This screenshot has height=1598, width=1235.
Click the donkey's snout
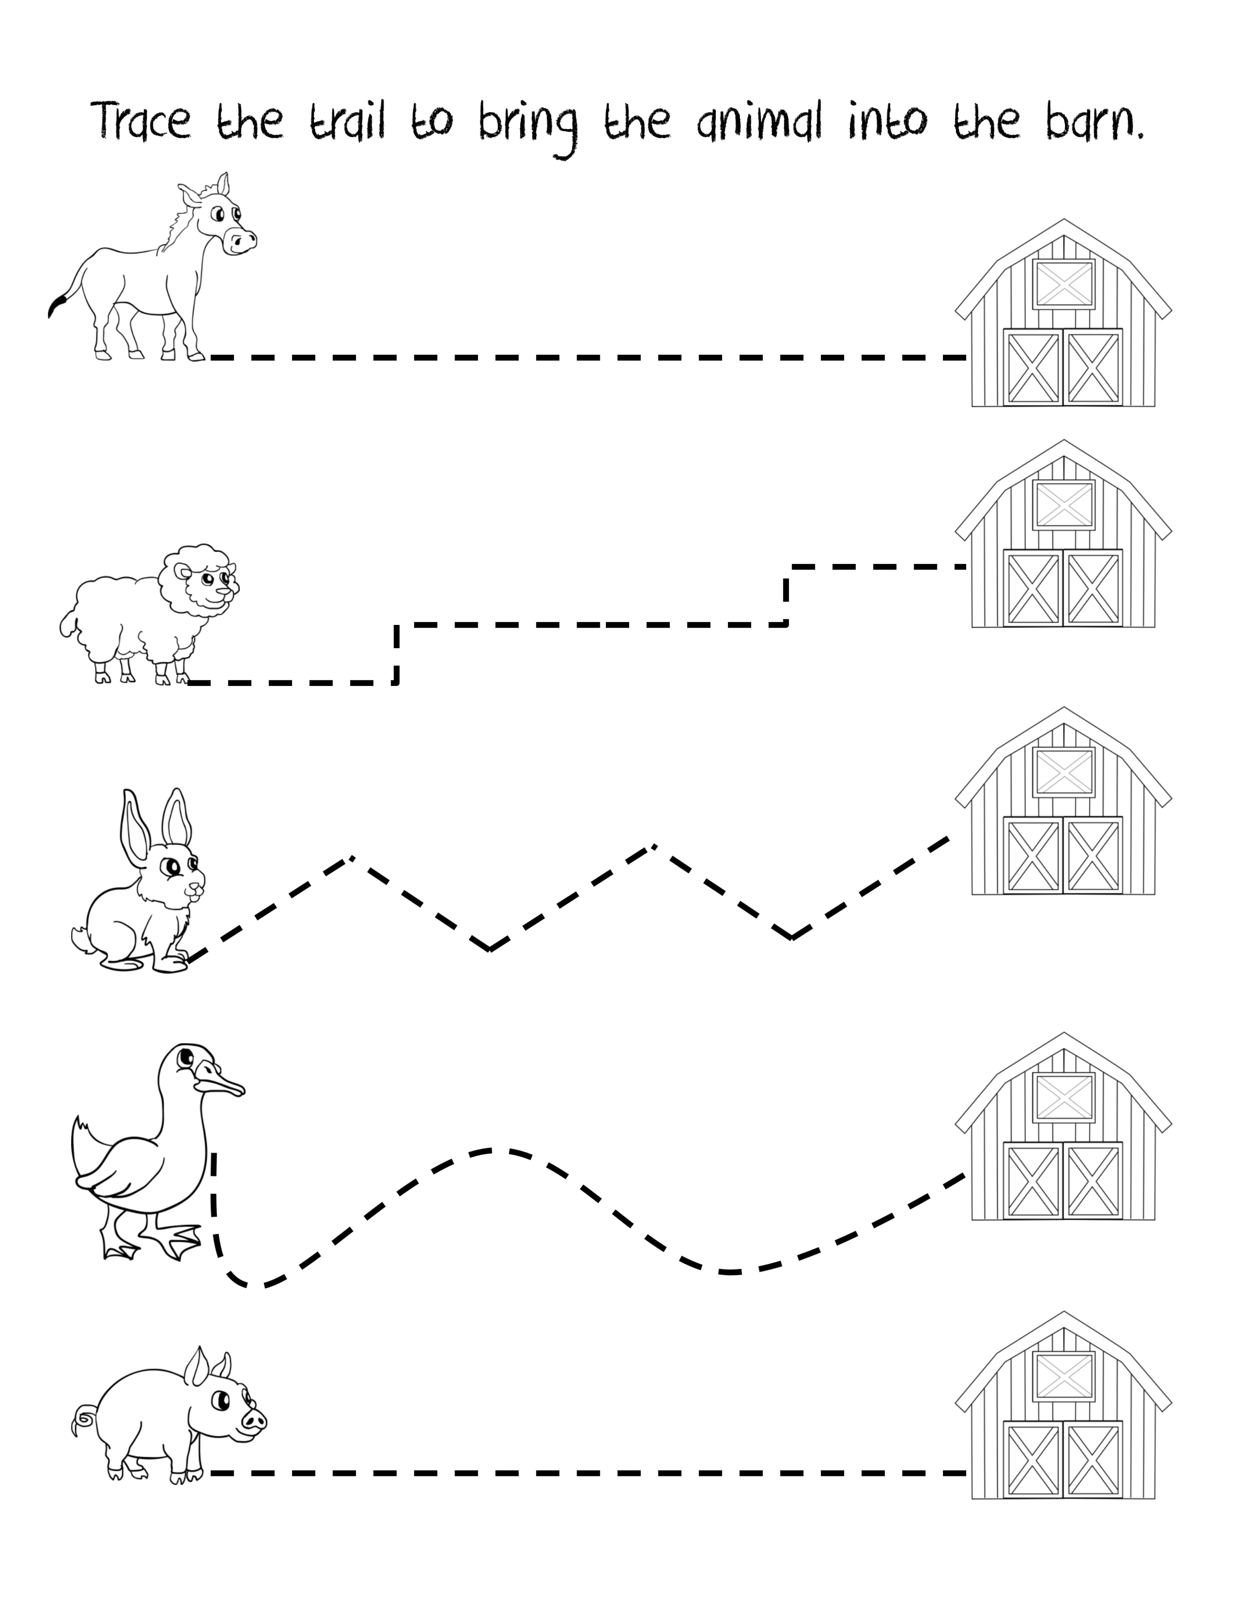(x=240, y=240)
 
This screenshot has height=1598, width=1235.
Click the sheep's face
(x=213, y=585)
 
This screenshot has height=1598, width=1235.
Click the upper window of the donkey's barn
(x=1064, y=284)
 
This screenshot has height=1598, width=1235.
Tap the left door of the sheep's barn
(x=1032, y=588)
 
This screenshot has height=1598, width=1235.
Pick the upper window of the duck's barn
(x=1064, y=1098)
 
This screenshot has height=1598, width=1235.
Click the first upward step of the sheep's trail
(x=397, y=653)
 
